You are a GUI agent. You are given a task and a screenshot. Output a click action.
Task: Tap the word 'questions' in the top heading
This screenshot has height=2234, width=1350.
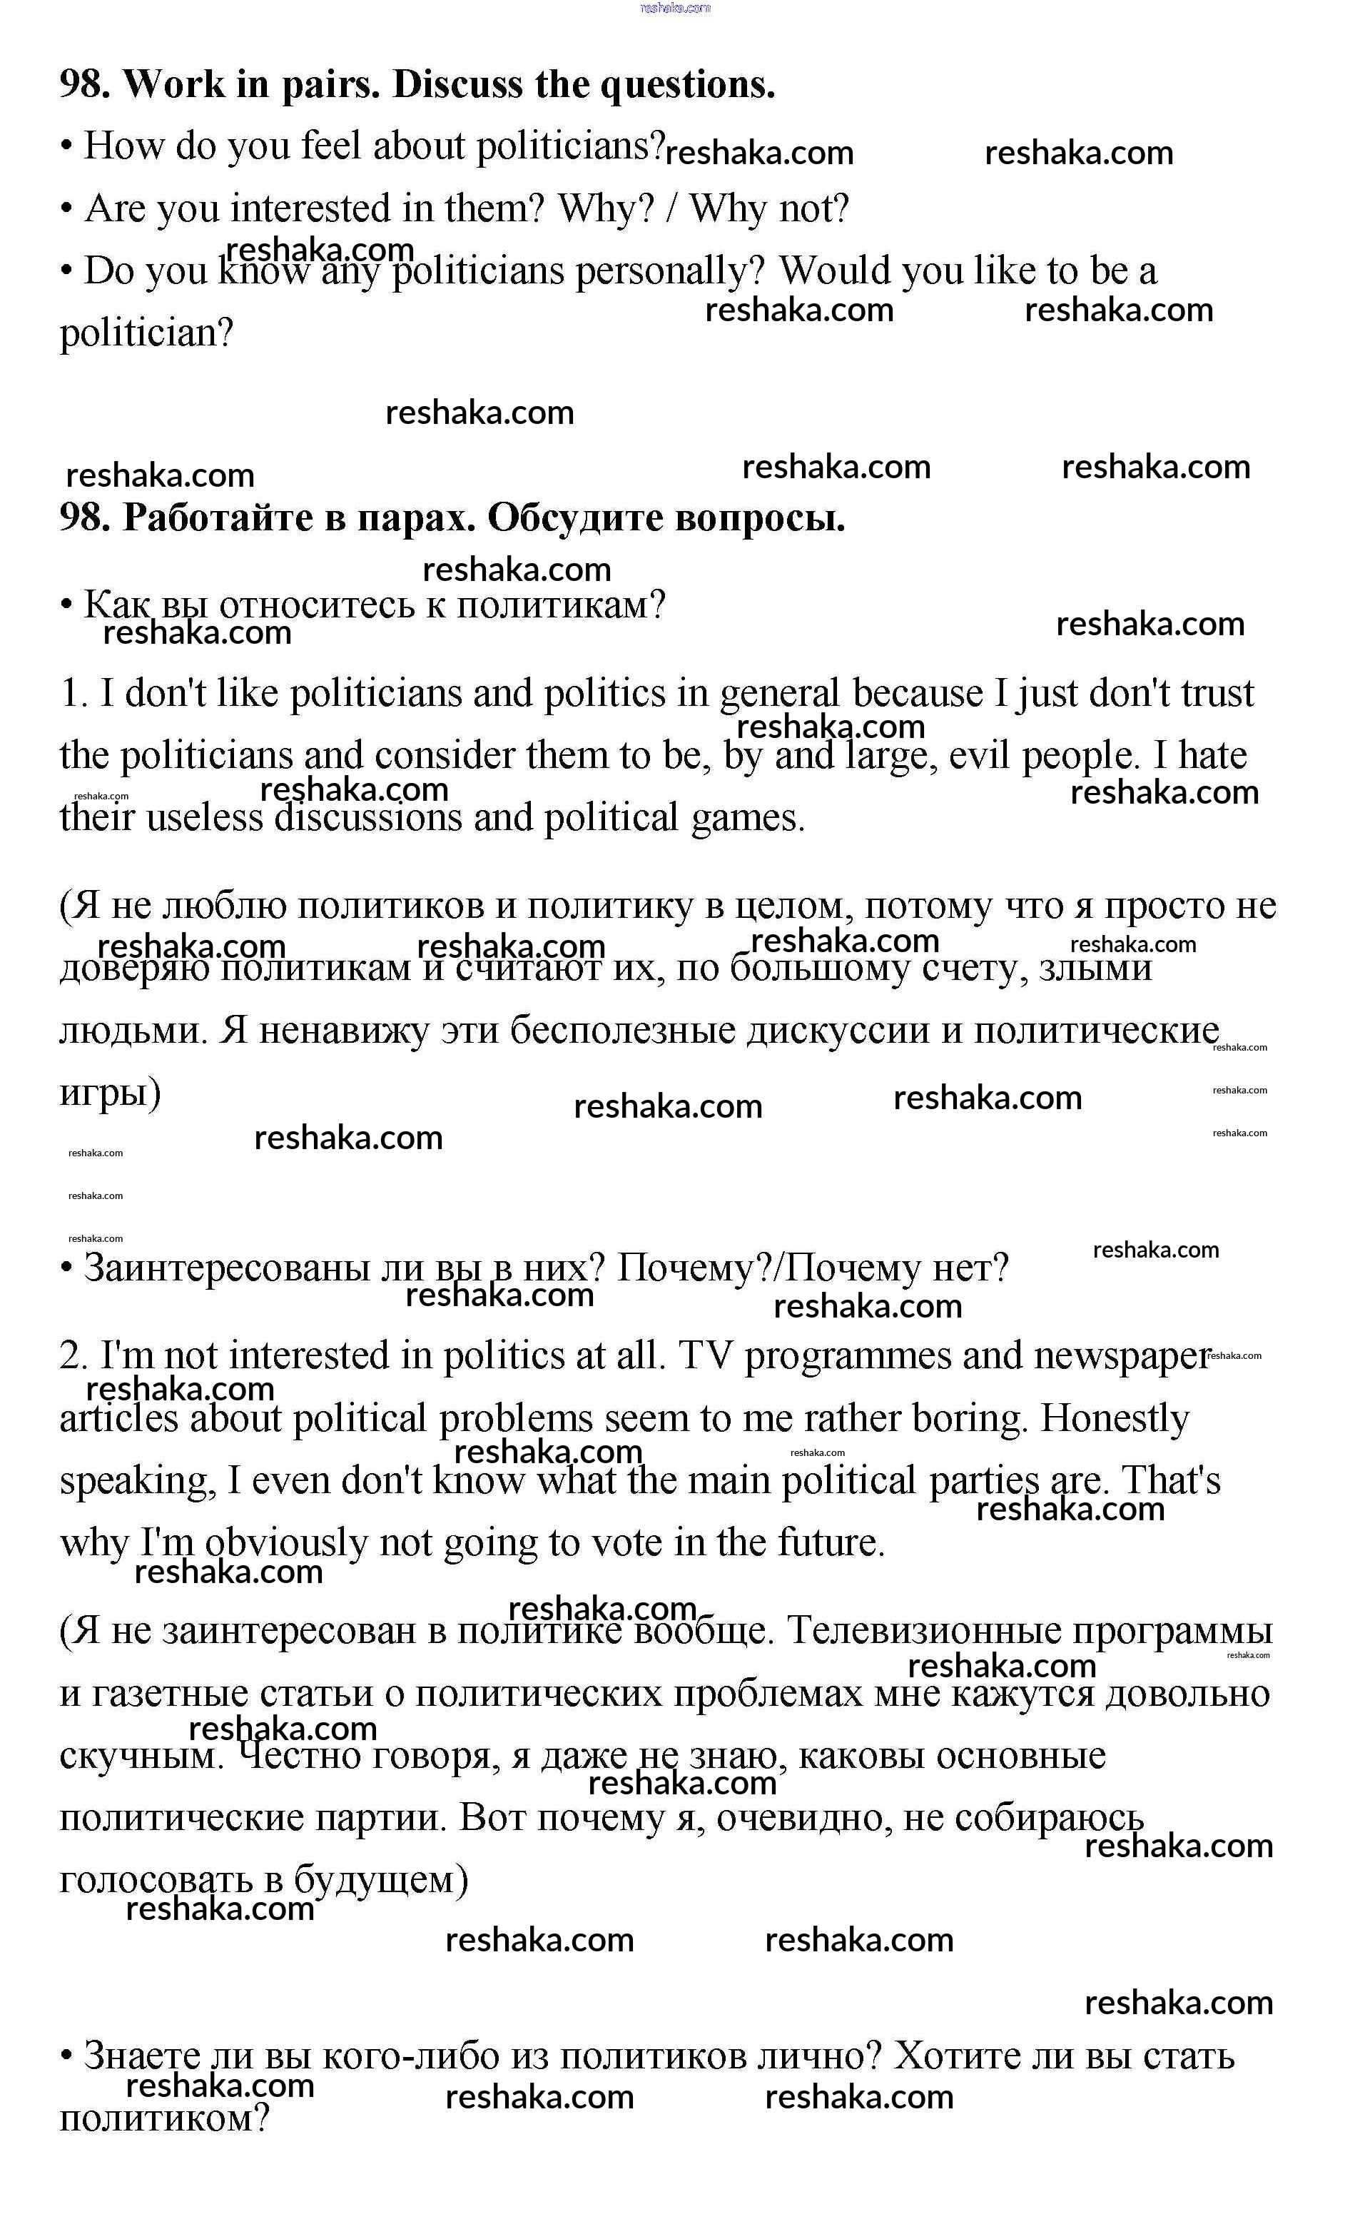click(686, 85)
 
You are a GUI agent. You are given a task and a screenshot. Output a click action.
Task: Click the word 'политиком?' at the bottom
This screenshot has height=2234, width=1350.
click(164, 2120)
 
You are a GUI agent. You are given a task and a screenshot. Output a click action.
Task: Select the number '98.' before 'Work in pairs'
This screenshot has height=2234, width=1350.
click(85, 85)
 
